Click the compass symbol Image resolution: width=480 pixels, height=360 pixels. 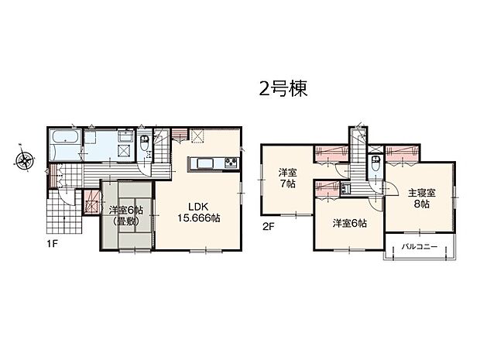tap(24, 162)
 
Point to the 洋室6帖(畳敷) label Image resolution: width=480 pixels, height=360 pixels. tap(123, 214)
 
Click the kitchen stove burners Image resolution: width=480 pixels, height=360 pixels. tap(230, 163)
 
